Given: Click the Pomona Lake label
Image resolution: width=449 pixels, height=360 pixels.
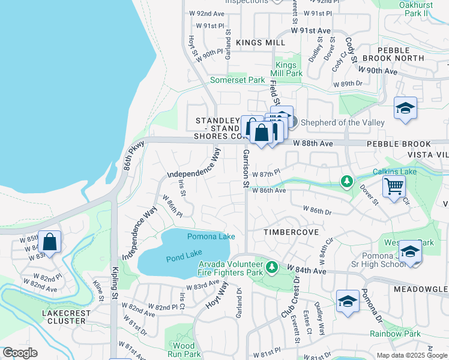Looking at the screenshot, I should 211,236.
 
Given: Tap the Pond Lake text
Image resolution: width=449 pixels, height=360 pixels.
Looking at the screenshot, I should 184,258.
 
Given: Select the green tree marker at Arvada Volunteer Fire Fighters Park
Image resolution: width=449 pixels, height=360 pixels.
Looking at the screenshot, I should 272,266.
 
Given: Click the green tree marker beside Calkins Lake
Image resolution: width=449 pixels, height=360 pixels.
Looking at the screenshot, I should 346,181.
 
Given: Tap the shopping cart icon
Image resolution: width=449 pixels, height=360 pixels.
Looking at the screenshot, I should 394,186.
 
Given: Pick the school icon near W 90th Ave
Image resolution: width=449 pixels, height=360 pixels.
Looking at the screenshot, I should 406,109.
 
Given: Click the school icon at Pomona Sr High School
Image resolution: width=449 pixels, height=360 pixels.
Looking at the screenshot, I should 410,251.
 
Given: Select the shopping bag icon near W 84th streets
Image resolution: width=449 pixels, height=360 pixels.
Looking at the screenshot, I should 50,242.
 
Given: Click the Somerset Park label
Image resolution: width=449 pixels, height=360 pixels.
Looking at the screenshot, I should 237,80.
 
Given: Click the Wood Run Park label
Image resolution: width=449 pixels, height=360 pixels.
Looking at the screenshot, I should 183,350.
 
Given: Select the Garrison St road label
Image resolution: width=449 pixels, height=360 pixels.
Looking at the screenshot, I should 246,169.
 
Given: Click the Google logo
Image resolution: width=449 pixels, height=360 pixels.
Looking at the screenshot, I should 20,353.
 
